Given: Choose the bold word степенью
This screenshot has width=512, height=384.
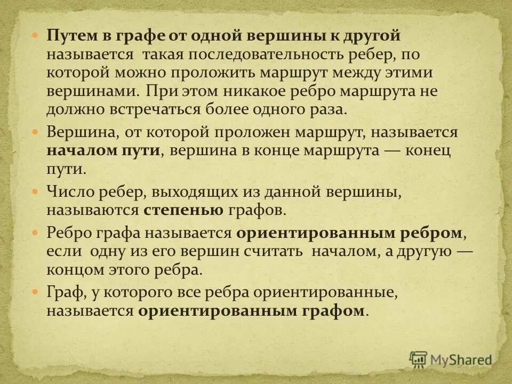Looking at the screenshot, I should (183, 210).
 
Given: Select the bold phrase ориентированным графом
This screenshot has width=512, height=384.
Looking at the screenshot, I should (252, 310).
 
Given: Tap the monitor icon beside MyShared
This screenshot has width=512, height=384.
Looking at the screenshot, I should (419, 359).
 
